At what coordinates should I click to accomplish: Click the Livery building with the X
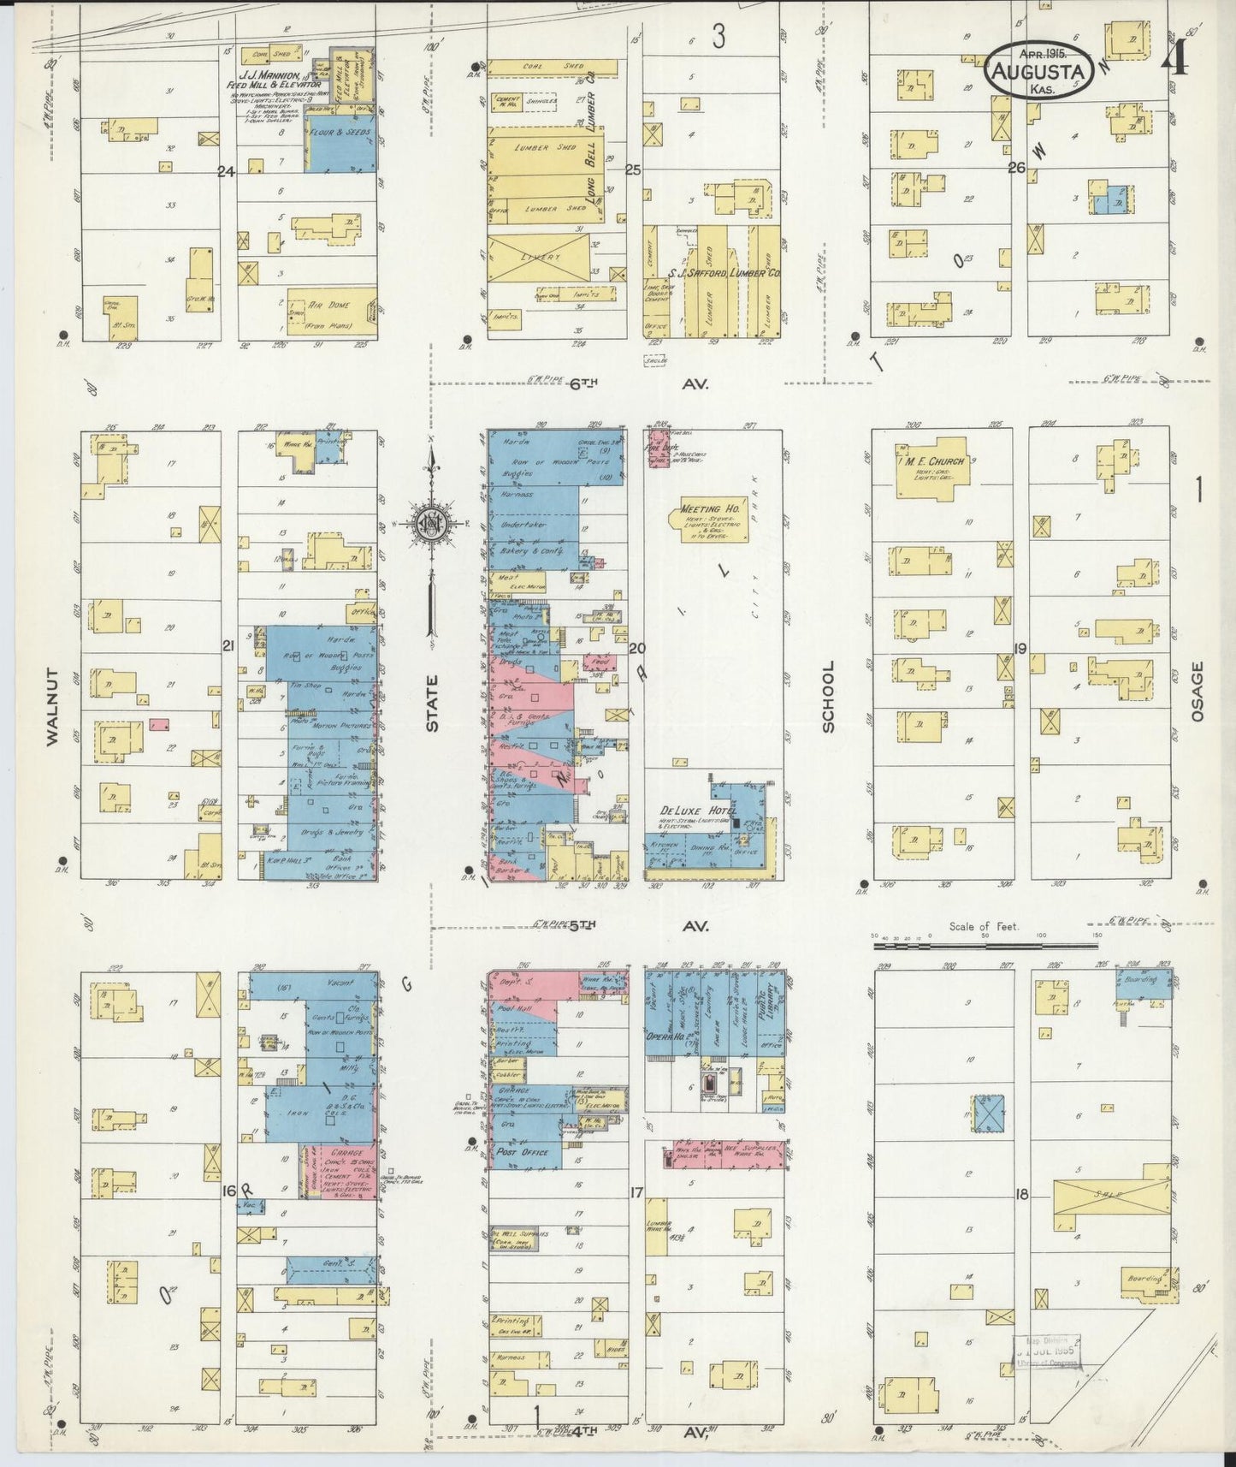(541, 257)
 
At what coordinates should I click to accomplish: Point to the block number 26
(1015, 169)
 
